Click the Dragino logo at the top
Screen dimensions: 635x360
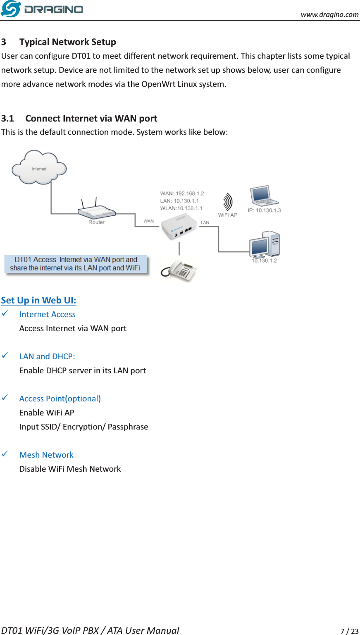42,9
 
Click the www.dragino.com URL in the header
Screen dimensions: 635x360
329,14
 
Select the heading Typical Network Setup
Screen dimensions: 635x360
67,42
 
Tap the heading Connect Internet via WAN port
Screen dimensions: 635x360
91,119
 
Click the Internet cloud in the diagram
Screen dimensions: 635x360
39,167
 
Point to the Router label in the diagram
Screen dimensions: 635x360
96,222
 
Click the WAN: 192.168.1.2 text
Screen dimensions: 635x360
182,193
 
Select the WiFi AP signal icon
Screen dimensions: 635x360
227,203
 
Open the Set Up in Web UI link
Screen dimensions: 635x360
38,301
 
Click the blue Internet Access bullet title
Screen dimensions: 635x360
47,315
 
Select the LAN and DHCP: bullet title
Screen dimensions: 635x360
47,357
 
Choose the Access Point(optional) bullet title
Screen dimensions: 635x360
60,399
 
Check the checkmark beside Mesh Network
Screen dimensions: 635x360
5,454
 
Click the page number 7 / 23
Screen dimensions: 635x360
349,631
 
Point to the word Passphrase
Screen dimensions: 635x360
128,427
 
